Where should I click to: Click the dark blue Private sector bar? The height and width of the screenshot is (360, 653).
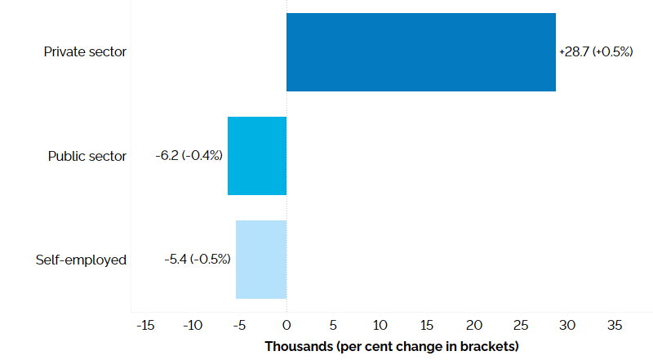tap(420, 52)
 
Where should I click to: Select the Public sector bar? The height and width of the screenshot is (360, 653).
tap(257, 156)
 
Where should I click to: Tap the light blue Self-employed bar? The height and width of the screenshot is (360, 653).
tap(261, 260)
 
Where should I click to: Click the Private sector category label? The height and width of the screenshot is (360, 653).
tap(85, 52)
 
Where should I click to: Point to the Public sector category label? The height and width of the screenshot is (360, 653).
tap(87, 156)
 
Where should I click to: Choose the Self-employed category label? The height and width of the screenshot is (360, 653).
tap(81, 260)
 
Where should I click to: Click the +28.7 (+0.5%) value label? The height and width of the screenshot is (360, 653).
tap(596, 51)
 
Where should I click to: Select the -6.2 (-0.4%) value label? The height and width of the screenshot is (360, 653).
tap(189, 155)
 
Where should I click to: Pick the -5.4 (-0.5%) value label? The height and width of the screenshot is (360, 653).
tap(197, 259)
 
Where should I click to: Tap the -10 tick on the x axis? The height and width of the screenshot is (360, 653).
tap(192, 325)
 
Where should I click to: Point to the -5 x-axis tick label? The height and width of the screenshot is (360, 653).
tap(239, 325)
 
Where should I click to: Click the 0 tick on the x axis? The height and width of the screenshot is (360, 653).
tap(287, 325)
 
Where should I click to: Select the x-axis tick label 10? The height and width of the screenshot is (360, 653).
tap(380, 325)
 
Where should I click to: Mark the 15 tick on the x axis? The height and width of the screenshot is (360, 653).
tap(426, 325)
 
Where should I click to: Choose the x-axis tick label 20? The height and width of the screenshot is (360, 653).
tap(473, 325)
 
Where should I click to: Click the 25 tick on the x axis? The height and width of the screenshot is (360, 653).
tap(520, 325)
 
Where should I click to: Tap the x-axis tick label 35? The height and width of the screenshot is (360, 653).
tap(614, 325)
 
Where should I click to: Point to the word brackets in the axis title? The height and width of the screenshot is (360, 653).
tap(489, 346)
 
